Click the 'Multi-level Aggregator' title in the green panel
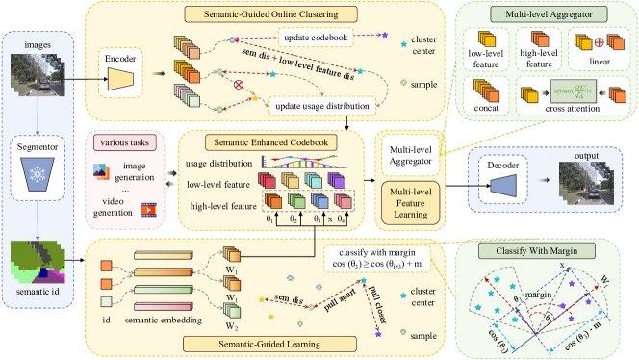[x=543, y=14]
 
